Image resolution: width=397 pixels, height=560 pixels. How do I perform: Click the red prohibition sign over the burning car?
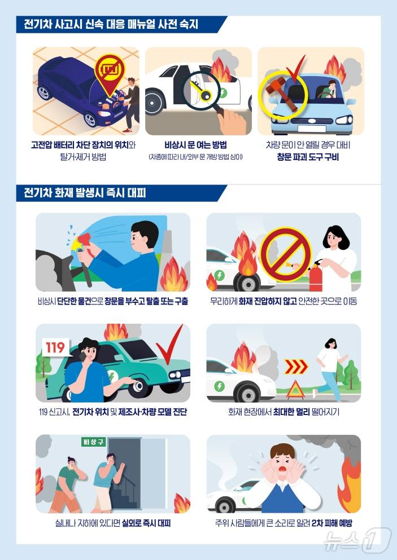tap(285, 254)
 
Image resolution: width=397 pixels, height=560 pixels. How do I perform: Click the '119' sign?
tap(55, 346)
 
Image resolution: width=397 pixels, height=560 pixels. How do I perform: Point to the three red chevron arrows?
tap(295, 367)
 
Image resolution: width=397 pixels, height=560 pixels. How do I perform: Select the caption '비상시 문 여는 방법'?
tap(195, 144)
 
